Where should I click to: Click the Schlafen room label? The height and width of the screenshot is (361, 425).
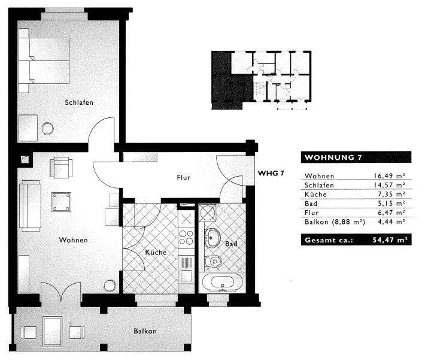(79, 102)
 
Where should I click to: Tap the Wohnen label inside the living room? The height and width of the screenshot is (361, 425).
(73, 240)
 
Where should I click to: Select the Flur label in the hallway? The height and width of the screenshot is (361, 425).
(184, 178)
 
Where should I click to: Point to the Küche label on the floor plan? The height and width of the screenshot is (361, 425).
(156, 252)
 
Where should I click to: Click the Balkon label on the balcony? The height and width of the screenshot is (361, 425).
(145, 331)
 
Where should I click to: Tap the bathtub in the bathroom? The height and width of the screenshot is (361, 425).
(222, 283)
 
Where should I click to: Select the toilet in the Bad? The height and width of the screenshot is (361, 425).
(213, 262)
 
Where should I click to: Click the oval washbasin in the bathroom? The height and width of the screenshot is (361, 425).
(212, 238)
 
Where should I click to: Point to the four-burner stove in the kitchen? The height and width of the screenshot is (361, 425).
(186, 238)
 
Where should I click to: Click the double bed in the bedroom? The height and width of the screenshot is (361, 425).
(44, 60)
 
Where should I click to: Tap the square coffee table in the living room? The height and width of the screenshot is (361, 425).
(61, 202)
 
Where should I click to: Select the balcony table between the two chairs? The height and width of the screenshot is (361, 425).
(53, 332)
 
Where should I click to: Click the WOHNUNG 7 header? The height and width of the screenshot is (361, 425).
(333, 157)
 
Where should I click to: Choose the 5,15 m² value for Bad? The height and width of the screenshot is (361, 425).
(391, 204)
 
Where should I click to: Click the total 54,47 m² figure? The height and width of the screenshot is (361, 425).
(390, 240)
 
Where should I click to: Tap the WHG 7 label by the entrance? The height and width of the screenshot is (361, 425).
(271, 174)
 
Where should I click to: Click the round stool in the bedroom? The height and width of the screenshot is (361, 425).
(48, 129)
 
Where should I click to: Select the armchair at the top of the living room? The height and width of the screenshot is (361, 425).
(61, 167)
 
